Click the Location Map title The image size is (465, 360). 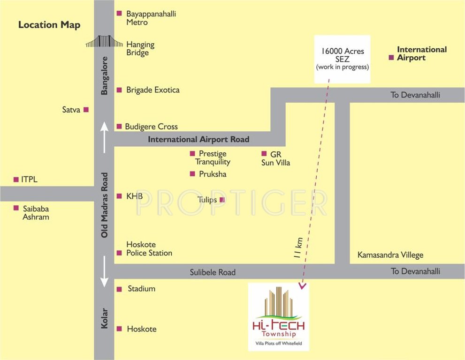tap(49, 25)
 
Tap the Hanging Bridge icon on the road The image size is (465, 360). tap(104, 42)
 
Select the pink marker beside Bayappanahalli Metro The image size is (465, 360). tap(119, 14)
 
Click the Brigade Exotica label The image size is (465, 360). tap(152, 90)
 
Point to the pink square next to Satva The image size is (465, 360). tap(86, 110)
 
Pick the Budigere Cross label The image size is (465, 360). tap(151, 127)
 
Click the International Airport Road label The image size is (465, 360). tap(198, 139)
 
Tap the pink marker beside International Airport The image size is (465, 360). tap(390, 58)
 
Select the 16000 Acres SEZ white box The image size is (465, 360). tap(342, 59)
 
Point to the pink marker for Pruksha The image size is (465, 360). tap(192, 174)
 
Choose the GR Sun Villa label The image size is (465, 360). tap(275, 158)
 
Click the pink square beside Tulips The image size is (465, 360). tap(222, 200)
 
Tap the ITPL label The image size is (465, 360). tap(29, 180)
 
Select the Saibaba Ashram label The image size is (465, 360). tap(36, 213)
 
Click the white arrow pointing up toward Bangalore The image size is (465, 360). tap(104, 136)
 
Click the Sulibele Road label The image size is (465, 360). tap(213, 272)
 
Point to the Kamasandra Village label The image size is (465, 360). tap(390, 255)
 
